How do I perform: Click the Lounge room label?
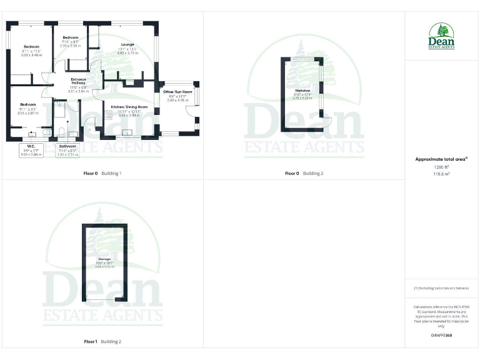(127, 45)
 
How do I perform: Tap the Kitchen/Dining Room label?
(129, 107)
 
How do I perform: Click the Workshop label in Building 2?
(302, 91)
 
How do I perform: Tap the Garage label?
(104, 259)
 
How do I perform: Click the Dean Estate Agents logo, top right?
(441, 36)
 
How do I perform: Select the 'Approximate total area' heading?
(441, 160)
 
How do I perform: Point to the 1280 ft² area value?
(441, 167)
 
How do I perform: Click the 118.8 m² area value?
(441, 174)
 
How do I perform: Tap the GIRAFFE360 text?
(441, 336)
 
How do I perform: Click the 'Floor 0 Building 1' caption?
(102, 173)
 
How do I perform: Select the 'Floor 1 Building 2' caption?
(102, 342)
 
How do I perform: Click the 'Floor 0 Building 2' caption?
(304, 173)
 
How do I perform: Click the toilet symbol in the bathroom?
(62, 131)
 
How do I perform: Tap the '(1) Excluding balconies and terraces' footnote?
(441, 288)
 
